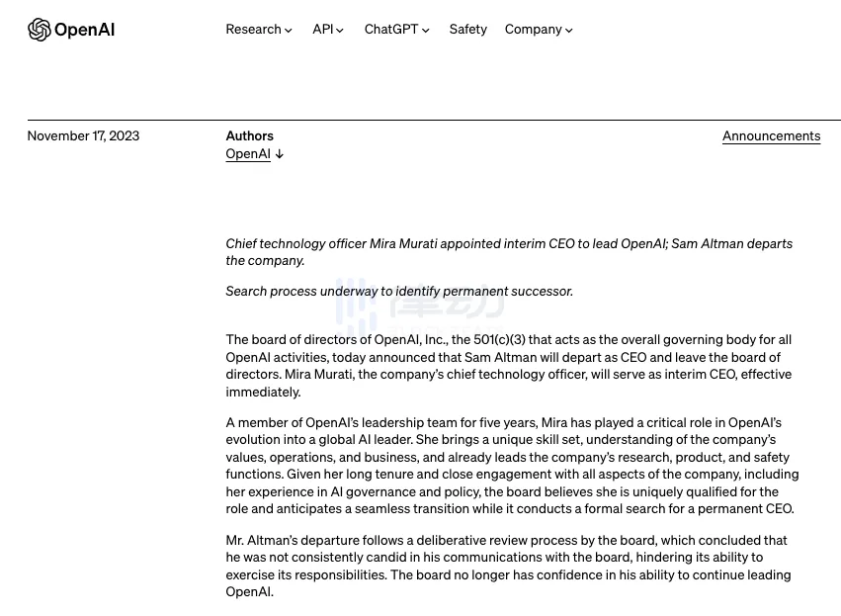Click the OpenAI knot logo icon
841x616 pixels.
click(x=39, y=30)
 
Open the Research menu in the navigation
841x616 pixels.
click(x=254, y=30)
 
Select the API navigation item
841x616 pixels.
click(x=323, y=30)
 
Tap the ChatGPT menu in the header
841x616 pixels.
click(x=391, y=30)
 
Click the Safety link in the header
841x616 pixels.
click(x=467, y=30)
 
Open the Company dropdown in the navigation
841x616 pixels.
click(x=534, y=30)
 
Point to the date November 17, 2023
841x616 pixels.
click(x=83, y=136)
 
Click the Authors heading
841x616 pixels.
click(x=249, y=136)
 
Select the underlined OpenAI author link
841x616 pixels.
click(x=248, y=154)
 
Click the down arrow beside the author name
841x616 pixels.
click(x=280, y=154)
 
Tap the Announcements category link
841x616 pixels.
click(x=771, y=136)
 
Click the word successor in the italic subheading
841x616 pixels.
click(x=542, y=292)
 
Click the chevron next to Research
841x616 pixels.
click(x=289, y=31)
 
